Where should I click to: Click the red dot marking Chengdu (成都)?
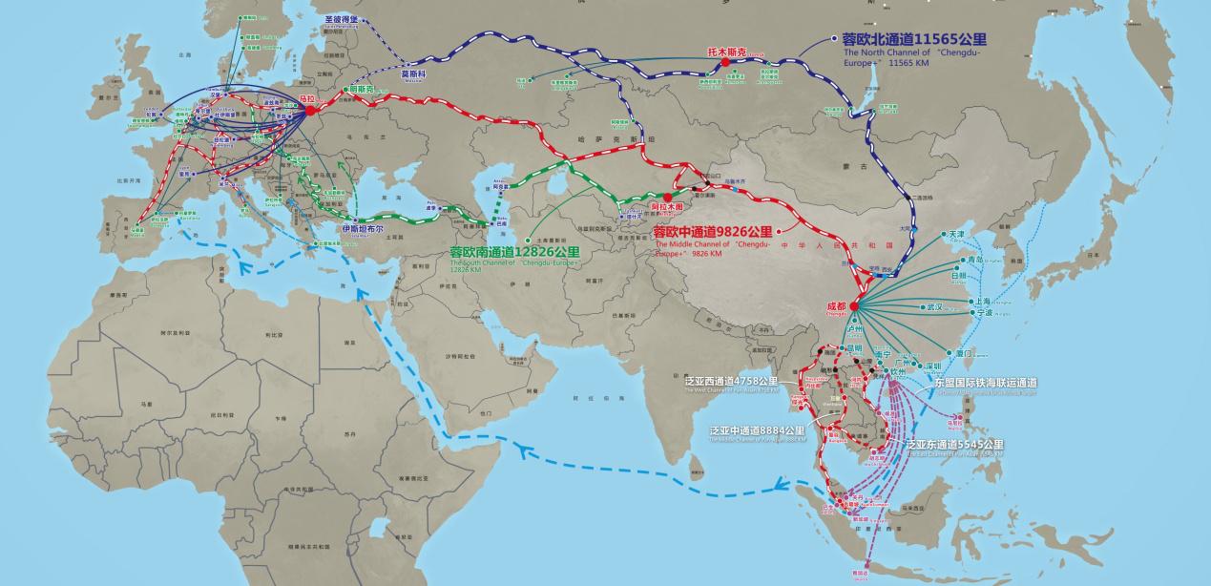(x=854, y=306)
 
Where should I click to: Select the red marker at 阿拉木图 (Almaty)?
(x=667, y=197)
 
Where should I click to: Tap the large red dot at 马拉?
(x=310, y=112)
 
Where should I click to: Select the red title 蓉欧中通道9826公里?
(x=712, y=232)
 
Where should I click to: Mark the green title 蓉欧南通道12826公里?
(x=515, y=252)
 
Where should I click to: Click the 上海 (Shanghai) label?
(x=985, y=299)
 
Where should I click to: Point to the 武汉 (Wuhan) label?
(x=933, y=307)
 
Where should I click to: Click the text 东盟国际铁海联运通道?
(x=986, y=383)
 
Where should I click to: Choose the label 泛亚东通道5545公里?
(x=954, y=445)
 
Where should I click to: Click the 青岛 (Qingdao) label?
(x=974, y=260)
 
